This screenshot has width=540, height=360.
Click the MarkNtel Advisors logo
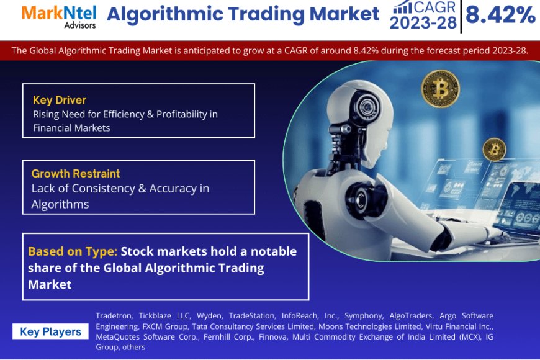click(x=59, y=17)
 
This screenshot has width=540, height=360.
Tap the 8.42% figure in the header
click(x=500, y=15)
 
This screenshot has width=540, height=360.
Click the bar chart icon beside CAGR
click(x=402, y=7)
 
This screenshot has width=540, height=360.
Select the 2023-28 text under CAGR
click(x=423, y=23)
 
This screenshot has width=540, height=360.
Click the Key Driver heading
click(x=60, y=100)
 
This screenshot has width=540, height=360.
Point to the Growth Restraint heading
click(x=76, y=173)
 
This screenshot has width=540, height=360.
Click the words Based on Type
click(x=73, y=251)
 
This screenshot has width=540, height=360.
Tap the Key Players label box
click(x=51, y=331)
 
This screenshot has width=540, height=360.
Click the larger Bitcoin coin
click(x=441, y=89)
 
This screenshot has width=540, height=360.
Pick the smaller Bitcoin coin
click(x=494, y=150)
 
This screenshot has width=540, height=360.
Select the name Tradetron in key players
click(x=114, y=315)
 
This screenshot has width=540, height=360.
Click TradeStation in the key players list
click(x=252, y=315)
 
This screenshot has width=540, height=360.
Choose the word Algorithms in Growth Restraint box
click(x=60, y=205)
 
